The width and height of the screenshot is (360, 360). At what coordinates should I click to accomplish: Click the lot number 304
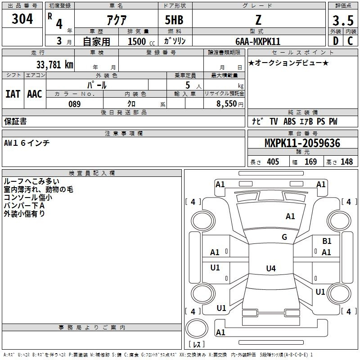point(22,19)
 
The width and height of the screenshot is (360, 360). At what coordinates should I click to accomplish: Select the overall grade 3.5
point(343,20)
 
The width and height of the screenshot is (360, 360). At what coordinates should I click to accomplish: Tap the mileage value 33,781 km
point(54,65)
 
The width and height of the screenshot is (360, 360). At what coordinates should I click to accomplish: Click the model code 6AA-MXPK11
point(258,41)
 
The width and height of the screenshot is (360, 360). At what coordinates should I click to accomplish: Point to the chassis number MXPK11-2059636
point(302,143)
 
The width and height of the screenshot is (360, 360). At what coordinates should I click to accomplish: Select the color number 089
point(75,104)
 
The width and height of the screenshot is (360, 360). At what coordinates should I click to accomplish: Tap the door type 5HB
point(174,20)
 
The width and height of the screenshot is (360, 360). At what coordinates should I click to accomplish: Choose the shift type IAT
point(13,94)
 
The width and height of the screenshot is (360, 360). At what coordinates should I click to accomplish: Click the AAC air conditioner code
point(35,94)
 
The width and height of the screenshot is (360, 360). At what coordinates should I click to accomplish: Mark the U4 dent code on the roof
point(271,268)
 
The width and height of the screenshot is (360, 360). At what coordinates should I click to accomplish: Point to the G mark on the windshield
point(284,237)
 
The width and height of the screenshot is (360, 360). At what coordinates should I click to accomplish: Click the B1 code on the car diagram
point(327,241)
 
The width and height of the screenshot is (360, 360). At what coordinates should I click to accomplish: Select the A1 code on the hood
point(290,216)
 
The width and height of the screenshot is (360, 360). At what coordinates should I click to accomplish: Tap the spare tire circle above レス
point(197,328)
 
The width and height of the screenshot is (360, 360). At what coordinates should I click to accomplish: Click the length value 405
point(273,162)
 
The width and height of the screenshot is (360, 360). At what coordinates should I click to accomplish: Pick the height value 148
point(346,162)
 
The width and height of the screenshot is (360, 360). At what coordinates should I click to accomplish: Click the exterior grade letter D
point(336,41)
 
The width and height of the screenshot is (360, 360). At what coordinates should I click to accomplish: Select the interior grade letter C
point(351,41)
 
